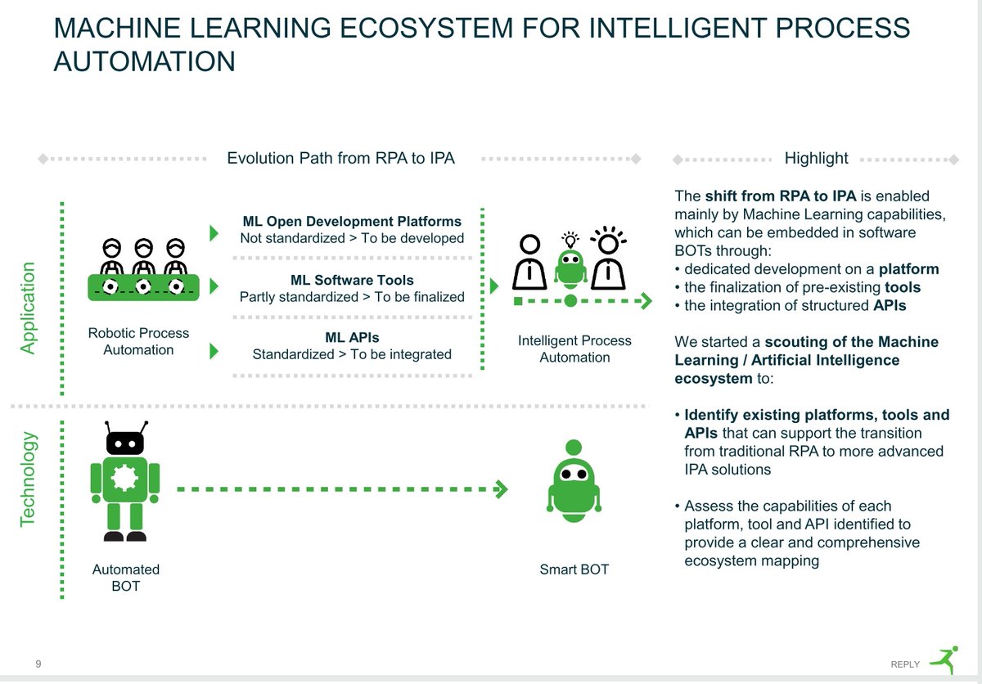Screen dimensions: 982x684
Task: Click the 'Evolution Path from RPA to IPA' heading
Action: (x=340, y=158)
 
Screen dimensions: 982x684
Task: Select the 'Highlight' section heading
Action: (x=816, y=158)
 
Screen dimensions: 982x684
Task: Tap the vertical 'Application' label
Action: (x=29, y=308)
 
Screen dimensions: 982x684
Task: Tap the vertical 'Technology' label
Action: (x=29, y=479)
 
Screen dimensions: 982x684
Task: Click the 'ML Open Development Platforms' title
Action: (x=352, y=221)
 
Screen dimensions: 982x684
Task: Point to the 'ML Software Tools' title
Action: (x=352, y=280)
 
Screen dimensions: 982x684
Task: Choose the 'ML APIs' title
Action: (x=352, y=337)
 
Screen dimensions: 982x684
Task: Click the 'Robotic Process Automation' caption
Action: (x=138, y=341)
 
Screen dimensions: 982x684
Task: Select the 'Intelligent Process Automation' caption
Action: (x=574, y=349)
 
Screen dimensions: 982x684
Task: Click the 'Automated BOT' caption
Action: (x=125, y=578)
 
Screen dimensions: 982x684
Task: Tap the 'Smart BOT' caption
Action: (x=574, y=569)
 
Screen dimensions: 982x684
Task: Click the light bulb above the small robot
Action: (x=570, y=239)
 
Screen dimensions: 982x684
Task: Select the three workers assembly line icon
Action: (x=143, y=270)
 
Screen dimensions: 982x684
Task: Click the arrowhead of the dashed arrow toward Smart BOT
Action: (x=501, y=489)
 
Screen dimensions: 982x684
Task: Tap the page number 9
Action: (x=38, y=664)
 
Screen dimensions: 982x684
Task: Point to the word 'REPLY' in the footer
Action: (x=905, y=664)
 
